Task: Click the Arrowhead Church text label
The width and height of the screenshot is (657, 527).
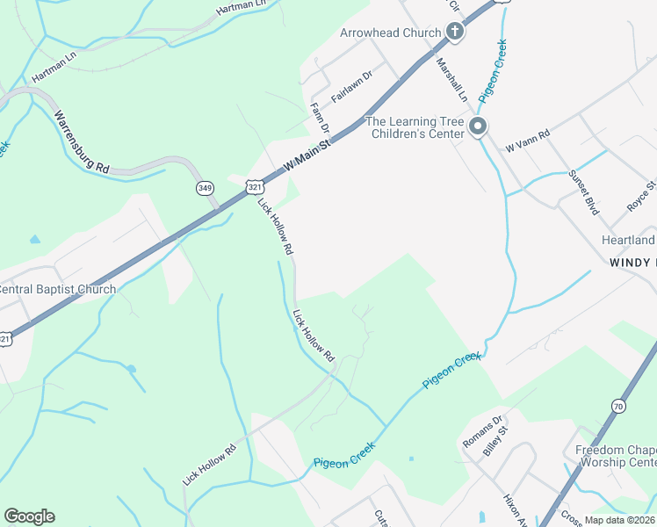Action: tap(390, 33)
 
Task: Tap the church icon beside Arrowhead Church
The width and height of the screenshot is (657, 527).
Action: tap(455, 32)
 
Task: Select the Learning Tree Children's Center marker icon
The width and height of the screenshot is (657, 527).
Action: tap(478, 127)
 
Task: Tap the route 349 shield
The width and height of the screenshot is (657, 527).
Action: tap(206, 187)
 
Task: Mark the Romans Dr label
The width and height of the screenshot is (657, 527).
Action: tap(482, 430)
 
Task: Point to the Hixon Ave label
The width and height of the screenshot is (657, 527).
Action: tap(514, 510)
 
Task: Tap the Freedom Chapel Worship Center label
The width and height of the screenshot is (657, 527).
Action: tap(616, 456)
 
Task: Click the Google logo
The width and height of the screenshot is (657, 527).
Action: tap(29, 516)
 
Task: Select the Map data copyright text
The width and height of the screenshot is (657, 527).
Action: tap(619, 520)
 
